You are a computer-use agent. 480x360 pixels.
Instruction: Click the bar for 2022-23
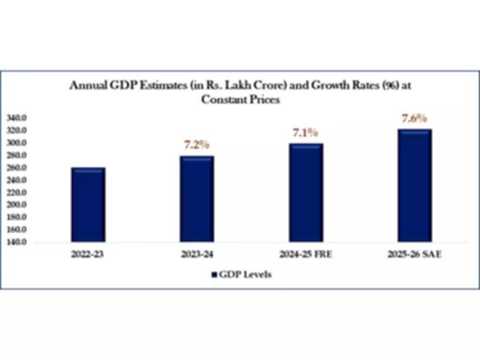88,205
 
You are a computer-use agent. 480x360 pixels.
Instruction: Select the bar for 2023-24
196,199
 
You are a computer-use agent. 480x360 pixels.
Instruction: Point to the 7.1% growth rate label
305,133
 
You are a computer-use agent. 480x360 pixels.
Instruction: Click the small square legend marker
214,275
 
